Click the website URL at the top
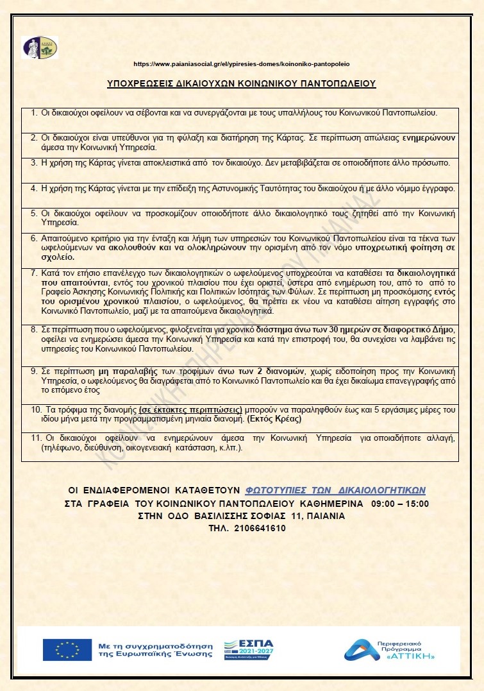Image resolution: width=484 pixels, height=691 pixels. [242, 64]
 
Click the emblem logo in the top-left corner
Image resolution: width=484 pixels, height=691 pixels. [40, 47]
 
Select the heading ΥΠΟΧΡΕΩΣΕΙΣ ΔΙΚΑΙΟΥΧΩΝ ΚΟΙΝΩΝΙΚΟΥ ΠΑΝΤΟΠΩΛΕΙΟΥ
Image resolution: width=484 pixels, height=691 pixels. [242, 83]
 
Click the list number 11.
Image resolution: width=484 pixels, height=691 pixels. [37, 438]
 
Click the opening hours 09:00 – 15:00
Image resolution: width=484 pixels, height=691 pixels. [396, 503]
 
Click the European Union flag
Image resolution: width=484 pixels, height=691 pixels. [58, 649]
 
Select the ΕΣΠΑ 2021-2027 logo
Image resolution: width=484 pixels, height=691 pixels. [247, 649]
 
